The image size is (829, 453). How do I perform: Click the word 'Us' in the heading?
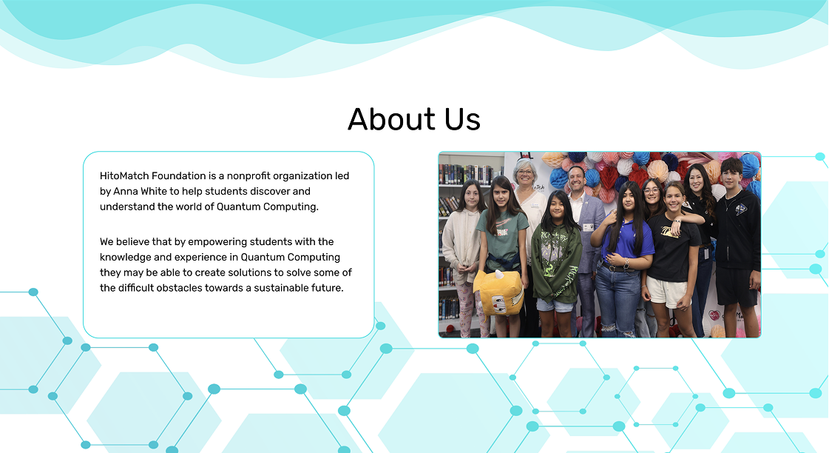(462, 120)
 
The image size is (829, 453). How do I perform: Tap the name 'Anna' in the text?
(126, 191)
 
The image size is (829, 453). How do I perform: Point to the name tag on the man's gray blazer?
(588, 227)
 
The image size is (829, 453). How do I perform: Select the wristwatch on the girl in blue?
(626, 262)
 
